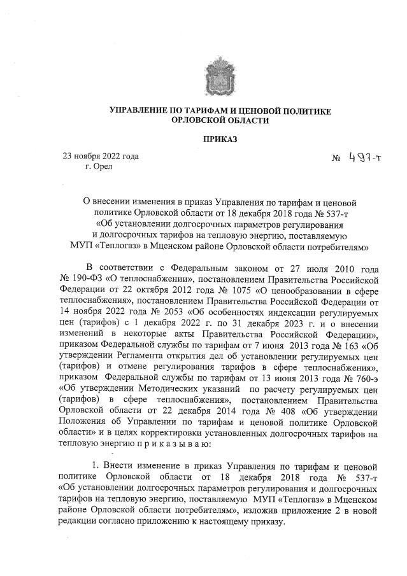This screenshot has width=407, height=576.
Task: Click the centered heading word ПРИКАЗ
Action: [x=220, y=139]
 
